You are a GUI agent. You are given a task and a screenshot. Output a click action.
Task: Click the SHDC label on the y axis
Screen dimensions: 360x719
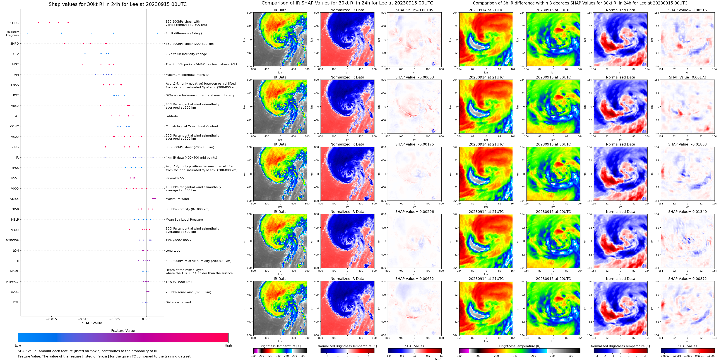(15, 23)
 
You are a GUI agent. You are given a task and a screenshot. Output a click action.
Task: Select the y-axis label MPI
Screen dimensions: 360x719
(16, 75)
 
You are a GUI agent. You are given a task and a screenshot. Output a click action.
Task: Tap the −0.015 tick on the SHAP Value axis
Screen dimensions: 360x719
(51, 319)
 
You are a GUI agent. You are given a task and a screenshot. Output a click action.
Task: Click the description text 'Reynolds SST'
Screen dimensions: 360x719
(175, 178)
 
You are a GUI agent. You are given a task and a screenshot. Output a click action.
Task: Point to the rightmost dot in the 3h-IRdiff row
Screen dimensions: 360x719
(157, 33)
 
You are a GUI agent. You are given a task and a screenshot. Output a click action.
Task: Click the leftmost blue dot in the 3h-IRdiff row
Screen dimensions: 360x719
(27, 33)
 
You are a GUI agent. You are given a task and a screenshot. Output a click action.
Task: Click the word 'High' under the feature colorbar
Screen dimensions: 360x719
(228, 345)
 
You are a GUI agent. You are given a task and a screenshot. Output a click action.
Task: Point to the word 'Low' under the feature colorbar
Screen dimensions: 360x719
(18, 345)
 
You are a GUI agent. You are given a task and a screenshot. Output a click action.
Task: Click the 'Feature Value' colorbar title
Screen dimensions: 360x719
(123, 331)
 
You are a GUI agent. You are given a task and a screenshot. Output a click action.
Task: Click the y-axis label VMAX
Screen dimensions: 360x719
(15, 199)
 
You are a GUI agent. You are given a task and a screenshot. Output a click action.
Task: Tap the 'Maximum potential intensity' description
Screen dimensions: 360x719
(187, 75)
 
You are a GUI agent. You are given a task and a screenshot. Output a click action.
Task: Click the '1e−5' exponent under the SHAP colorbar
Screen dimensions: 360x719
(438, 359)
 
